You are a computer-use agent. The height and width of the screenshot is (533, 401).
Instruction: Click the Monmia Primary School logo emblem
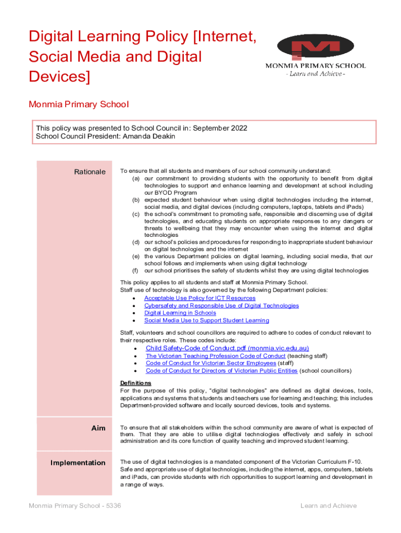click(316, 47)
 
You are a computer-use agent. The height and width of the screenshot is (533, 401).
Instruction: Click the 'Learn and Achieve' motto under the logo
click(315, 74)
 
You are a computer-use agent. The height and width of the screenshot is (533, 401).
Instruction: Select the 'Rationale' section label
click(90, 172)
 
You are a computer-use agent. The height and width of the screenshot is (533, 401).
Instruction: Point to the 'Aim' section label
click(98, 428)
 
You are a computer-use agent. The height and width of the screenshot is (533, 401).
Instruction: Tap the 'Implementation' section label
click(78, 463)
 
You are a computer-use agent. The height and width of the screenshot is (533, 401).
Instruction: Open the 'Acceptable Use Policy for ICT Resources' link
click(199, 298)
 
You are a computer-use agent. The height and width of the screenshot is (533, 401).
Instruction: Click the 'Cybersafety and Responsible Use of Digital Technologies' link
click(221, 306)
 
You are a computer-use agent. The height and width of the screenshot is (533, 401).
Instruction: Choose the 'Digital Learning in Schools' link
click(180, 313)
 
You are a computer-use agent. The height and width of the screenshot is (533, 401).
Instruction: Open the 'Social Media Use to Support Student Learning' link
click(206, 321)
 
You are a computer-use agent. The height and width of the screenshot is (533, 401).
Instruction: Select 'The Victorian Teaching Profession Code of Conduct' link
click(216, 356)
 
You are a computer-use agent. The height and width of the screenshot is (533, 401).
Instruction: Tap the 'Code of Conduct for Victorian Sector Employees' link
click(210, 363)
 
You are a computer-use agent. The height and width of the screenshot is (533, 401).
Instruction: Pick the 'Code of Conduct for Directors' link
click(221, 371)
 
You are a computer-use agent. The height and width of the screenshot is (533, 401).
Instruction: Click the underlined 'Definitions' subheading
click(136, 383)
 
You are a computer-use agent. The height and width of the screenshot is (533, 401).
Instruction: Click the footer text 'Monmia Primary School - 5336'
click(75, 505)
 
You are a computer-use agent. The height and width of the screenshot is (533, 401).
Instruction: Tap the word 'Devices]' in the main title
click(59, 77)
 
